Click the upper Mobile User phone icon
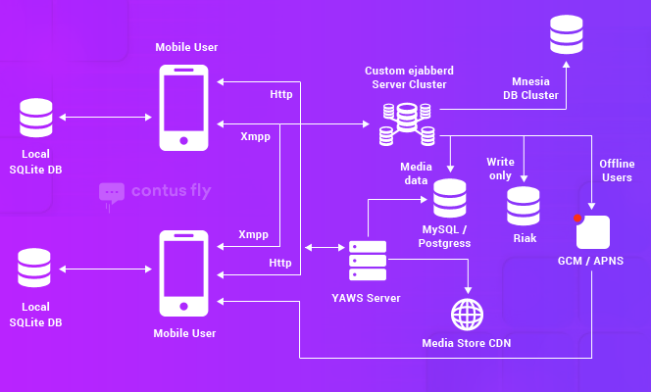(184, 108)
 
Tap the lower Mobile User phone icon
(184, 273)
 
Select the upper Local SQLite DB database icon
(35, 118)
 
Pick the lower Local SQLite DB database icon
(35, 269)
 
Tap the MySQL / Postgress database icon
(450, 199)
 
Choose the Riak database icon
(523, 206)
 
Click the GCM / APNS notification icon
(593, 231)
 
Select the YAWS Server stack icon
(368, 261)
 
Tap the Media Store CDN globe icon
(467, 315)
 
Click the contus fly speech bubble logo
(111, 194)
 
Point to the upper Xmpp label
(255, 136)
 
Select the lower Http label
(280, 262)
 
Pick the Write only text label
(500, 168)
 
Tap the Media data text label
(417, 174)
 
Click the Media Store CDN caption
(467, 343)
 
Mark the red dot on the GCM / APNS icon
(579, 219)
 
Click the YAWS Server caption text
(368, 298)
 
